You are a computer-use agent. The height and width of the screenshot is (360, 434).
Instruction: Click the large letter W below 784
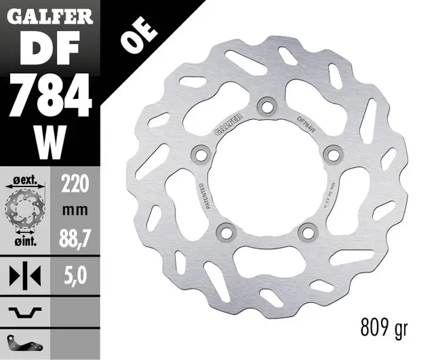click(x=49, y=138)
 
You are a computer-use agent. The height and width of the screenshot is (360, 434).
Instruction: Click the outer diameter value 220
click(x=76, y=182)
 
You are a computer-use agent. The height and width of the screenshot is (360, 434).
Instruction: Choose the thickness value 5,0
click(x=76, y=275)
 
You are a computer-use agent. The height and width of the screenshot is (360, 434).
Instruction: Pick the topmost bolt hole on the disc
click(x=265, y=106)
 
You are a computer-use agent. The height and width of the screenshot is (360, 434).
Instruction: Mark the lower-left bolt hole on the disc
click(x=224, y=231)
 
